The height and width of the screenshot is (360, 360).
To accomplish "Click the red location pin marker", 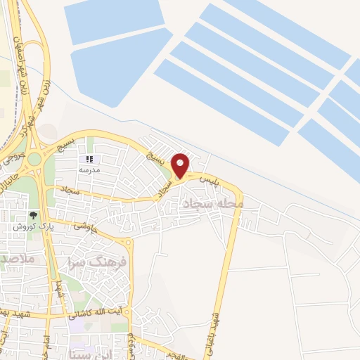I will click(x=181, y=165).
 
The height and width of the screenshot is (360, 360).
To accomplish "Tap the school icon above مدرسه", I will click(x=89, y=160).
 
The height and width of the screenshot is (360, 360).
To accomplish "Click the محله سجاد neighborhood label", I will click(x=212, y=204).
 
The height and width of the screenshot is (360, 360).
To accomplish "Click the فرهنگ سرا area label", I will click(x=98, y=263).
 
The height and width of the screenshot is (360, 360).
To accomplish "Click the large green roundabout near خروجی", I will click(x=34, y=160).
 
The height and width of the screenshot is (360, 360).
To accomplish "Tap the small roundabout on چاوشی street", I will click(x=127, y=243).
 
